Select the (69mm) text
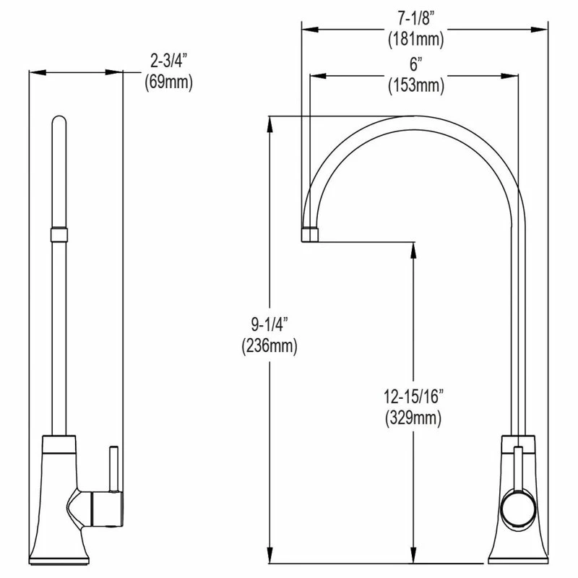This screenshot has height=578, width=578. click(168, 82)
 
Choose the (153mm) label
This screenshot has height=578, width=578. click(414, 85)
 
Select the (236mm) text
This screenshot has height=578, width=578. click(269, 346)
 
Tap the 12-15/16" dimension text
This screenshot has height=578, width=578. click(413, 396)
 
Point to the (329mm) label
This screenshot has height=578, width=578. click(413, 417)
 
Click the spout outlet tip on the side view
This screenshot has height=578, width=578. click(309, 233)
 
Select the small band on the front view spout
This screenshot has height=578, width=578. click(59, 234)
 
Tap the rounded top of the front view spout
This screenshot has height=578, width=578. click(59, 120)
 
